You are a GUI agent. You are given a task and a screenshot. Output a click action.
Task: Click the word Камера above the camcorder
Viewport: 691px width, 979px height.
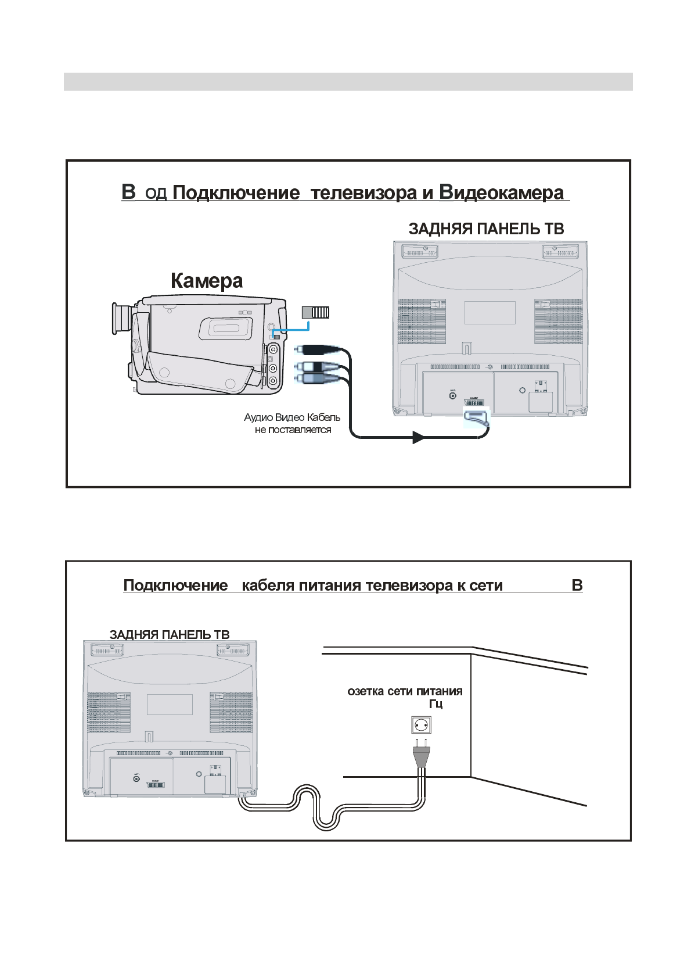pyautogui.click(x=207, y=281)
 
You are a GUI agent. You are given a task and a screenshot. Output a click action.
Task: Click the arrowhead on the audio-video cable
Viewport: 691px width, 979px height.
pyautogui.click(x=418, y=437)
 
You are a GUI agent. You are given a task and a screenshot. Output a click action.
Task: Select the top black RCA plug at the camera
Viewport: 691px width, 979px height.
pyautogui.click(x=314, y=349)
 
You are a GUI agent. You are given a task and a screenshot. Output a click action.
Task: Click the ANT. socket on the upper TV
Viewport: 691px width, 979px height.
pyautogui.click(x=453, y=396)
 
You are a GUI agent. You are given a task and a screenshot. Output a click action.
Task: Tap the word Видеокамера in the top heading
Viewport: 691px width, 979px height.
pyautogui.click(x=501, y=192)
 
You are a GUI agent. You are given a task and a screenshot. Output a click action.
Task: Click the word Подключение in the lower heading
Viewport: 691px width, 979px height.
pyautogui.click(x=175, y=585)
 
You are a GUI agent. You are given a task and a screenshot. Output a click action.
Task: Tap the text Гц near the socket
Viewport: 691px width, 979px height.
pyautogui.click(x=436, y=705)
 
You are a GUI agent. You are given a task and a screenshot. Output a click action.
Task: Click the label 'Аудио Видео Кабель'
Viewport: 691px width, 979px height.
pyautogui.click(x=292, y=417)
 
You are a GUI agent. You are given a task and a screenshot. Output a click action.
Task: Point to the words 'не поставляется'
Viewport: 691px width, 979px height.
pyautogui.click(x=293, y=430)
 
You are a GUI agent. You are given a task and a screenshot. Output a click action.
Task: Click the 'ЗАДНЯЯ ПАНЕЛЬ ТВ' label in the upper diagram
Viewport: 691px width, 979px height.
pyautogui.click(x=486, y=229)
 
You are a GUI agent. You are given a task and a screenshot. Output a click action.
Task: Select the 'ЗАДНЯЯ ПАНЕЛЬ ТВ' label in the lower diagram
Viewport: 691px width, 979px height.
pyautogui.click(x=170, y=635)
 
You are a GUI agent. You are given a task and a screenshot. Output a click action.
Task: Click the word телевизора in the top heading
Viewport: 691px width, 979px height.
pyautogui.click(x=364, y=192)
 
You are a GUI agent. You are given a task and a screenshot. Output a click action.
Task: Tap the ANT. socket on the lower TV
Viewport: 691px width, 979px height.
pyautogui.click(x=136, y=778)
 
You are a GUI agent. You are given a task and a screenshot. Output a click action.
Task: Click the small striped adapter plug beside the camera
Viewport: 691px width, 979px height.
pyautogui.click(x=315, y=312)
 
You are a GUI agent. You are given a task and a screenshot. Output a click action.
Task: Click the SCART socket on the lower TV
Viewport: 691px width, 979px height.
pyautogui.click(x=155, y=785)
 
